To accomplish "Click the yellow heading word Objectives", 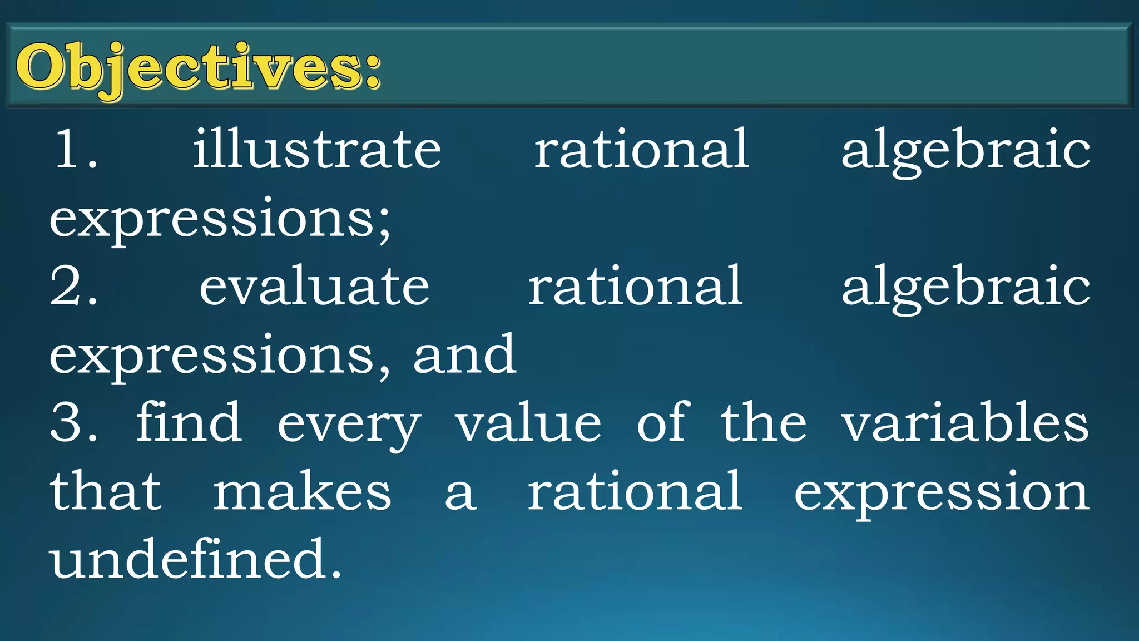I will point(197,68).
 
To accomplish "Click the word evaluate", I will point(314,286).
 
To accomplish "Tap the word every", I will point(349,426).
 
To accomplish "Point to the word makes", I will point(303,492).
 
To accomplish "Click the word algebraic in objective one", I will point(965,150).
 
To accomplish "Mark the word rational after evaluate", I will point(635,286).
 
